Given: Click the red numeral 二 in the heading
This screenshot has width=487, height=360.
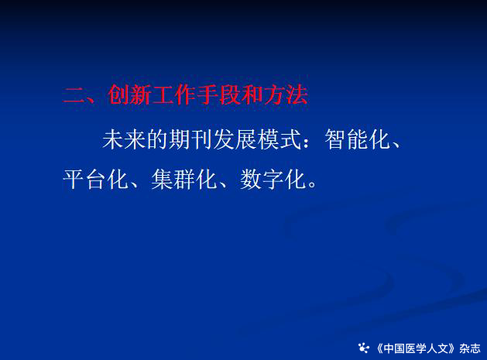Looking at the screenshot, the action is click(x=74, y=94).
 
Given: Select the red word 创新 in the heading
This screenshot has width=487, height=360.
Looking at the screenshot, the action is click(x=130, y=94).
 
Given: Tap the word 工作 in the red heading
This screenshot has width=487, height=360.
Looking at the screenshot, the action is click(x=174, y=94).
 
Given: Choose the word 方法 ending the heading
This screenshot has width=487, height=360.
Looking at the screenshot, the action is click(x=286, y=94).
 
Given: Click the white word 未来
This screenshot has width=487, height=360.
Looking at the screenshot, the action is click(x=124, y=139).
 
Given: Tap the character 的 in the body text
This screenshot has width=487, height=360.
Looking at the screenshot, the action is click(x=157, y=139).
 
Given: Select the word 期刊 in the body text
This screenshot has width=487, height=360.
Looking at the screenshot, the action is click(x=190, y=139).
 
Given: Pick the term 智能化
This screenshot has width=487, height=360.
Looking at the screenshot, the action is click(x=357, y=139).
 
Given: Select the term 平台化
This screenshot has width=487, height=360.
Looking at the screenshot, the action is click(x=95, y=179).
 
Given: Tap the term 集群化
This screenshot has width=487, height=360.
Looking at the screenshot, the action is click(x=183, y=179).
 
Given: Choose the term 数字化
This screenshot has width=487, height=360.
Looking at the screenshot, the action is click(x=273, y=179).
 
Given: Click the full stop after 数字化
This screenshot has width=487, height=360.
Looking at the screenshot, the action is click(x=312, y=184).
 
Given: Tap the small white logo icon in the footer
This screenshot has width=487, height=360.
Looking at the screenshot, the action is click(x=363, y=348).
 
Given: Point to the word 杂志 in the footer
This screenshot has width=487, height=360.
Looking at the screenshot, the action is click(x=470, y=348).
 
